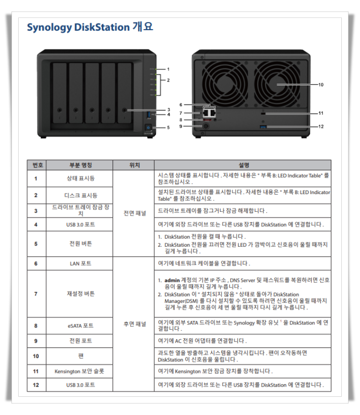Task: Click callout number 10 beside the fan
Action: [321, 84]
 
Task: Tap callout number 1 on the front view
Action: [168, 69]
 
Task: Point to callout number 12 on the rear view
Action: [321, 127]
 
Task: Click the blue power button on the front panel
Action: [148, 127]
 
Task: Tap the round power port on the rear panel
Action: [206, 127]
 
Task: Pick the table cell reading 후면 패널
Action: [135, 324]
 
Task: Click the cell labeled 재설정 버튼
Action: [80, 294]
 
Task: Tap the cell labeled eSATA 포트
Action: [80, 326]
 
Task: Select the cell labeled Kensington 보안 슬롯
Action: [79, 371]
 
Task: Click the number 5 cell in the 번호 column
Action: [36, 243]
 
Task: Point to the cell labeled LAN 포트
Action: [80, 264]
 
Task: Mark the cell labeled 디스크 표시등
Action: [80, 195]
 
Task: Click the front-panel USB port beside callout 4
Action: [148, 114]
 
